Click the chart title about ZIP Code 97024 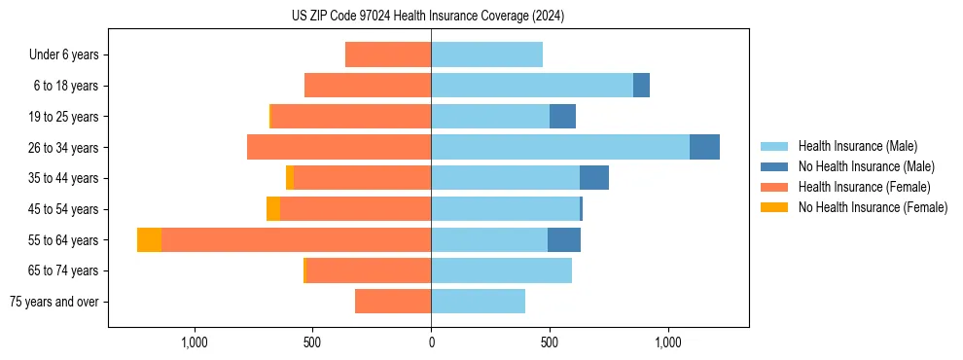click(428, 17)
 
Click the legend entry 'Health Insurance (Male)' click(857, 146)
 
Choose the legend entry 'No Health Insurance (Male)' click(866, 166)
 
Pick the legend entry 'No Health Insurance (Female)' click(873, 207)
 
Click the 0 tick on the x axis click(431, 343)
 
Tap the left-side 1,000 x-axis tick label click(195, 343)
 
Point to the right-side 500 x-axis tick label click(550, 343)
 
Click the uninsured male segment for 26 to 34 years click(704, 147)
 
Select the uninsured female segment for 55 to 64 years click(149, 240)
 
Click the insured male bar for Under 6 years click(486, 54)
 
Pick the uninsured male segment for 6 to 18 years click(641, 86)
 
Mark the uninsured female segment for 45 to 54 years click(273, 209)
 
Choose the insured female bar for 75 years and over click(393, 302)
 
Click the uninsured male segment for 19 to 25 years click(562, 117)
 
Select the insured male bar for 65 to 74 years click(501, 270)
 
